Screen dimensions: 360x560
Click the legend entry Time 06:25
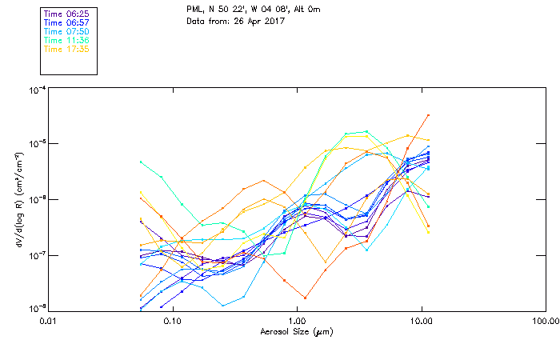coord(66,14)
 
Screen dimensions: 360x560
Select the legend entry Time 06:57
coord(66,22)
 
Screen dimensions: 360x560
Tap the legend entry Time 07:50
coord(66,31)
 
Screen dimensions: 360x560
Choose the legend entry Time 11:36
coord(66,40)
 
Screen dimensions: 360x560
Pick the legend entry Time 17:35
coord(66,49)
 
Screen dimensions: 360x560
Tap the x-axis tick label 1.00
coord(296,322)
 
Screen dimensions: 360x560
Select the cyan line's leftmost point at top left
coord(142,162)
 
